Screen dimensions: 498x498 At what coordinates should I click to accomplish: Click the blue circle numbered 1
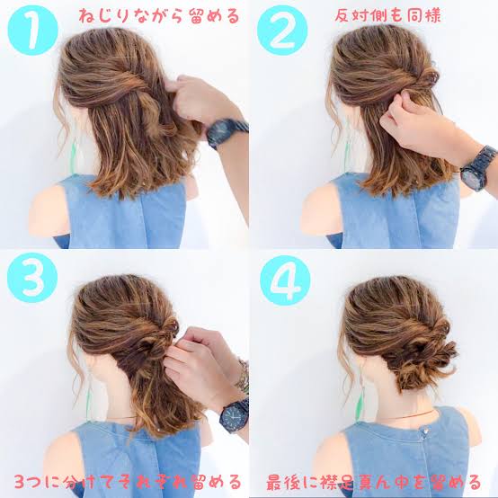click(32, 31)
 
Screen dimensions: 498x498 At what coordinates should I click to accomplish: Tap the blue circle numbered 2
click(282, 31)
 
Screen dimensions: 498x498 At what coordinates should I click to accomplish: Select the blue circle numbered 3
click(32, 278)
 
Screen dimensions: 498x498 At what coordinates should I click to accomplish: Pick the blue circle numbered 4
click(285, 280)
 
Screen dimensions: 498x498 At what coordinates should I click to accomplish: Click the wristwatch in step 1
click(227, 132)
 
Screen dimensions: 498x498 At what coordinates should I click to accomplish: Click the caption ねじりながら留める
click(159, 16)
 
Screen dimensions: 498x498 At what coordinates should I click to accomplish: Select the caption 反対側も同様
click(387, 15)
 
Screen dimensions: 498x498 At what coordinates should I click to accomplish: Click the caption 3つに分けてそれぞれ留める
click(128, 483)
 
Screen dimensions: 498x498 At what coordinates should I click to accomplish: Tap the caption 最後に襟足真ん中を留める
click(374, 483)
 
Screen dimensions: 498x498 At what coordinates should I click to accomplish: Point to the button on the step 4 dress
click(424, 431)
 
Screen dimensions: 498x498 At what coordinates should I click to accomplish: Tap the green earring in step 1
click(74, 157)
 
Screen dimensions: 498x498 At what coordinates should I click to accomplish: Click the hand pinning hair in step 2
click(413, 127)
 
